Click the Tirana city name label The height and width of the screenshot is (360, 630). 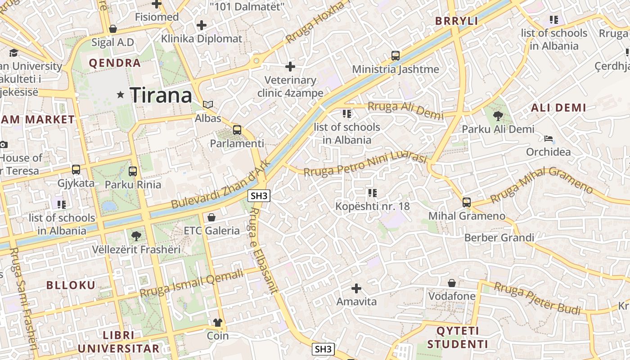[x=161, y=95]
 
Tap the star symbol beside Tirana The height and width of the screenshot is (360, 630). [x=120, y=95]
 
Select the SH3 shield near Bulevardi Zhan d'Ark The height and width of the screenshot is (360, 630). [x=259, y=196]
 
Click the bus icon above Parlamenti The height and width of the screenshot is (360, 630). [x=237, y=130]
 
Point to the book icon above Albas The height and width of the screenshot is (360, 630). [x=207, y=105]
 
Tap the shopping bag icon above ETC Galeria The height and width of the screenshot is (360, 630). [x=211, y=218]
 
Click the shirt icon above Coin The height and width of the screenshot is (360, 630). [x=218, y=323]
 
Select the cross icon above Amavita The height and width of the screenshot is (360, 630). [x=356, y=288]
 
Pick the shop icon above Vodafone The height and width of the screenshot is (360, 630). [x=452, y=283]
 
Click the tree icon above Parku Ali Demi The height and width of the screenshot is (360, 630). [x=498, y=117]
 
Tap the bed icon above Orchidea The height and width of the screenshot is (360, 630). [x=549, y=139]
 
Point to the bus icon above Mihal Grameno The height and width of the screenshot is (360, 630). [x=467, y=202]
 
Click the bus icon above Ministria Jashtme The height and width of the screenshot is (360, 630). [x=396, y=56]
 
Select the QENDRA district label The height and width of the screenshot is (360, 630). [x=115, y=63]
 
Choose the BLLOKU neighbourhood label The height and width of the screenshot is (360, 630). [x=71, y=285]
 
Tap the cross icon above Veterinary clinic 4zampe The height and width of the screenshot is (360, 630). [x=290, y=67]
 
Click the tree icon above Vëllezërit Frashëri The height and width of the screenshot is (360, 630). [x=136, y=236]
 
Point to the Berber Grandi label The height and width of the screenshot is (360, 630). [x=499, y=238]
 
